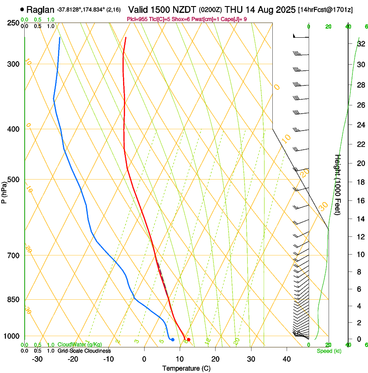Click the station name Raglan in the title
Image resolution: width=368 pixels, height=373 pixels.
(x=40, y=10)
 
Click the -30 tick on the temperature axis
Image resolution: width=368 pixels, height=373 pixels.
(x=37, y=359)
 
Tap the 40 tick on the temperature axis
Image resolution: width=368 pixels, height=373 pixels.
(x=287, y=359)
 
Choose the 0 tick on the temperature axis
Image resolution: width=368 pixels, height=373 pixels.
(x=144, y=359)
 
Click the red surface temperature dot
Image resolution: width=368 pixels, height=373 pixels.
(x=188, y=340)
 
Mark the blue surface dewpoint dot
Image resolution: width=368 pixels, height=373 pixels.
(x=173, y=340)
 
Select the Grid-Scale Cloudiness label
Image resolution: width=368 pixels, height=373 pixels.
(x=84, y=351)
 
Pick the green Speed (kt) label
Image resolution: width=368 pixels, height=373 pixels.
(x=329, y=351)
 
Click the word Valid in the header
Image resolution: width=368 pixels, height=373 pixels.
(x=139, y=10)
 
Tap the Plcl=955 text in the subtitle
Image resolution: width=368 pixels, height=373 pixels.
(x=136, y=19)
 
